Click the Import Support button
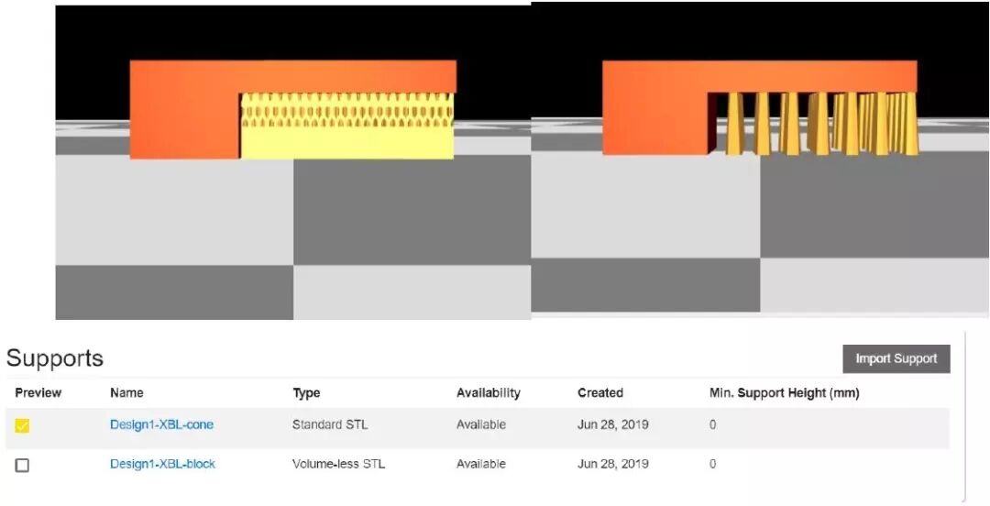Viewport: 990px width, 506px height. (896, 358)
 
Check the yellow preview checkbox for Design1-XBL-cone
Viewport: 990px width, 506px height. (22, 425)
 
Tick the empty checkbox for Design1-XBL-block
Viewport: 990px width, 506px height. (22, 465)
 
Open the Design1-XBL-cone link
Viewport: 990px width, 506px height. (161, 424)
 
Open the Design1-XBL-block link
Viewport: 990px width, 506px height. (162, 464)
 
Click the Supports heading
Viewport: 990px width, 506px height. (54, 358)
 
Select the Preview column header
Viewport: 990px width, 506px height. (38, 393)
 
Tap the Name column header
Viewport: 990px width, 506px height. (126, 393)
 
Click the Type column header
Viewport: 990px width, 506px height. (306, 393)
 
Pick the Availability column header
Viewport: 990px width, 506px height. (488, 393)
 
